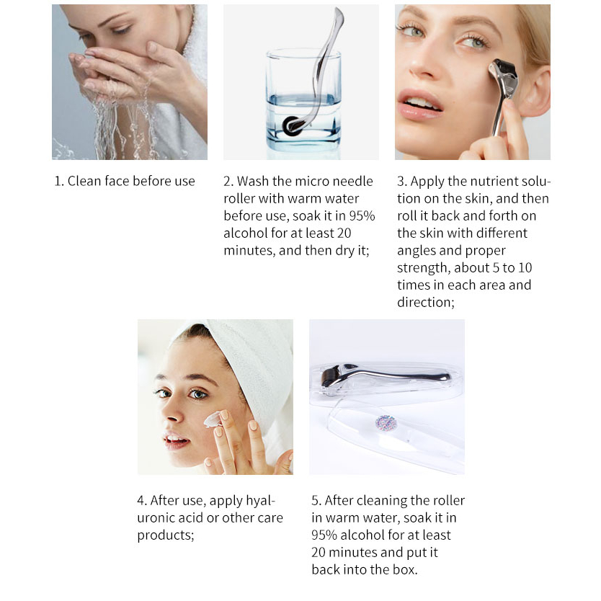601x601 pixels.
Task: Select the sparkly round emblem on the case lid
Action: pos(386,424)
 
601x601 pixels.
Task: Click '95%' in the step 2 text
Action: pos(362,215)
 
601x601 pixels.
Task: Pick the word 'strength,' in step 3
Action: pos(424,268)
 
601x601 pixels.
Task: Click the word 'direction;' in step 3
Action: pos(426,303)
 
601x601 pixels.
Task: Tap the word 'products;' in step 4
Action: pos(166,535)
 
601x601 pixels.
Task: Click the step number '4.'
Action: pos(142,501)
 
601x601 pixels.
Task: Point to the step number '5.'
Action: pos(316,501)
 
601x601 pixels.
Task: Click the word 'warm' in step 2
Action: pos(304,199)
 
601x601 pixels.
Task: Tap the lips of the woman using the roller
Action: pos(419,104)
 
